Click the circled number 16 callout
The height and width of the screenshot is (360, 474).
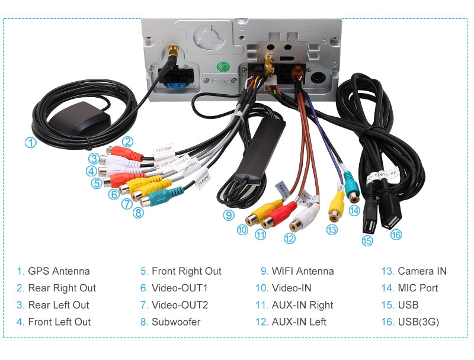(x=396, y=234)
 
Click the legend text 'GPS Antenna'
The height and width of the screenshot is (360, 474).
(x=59, y=271)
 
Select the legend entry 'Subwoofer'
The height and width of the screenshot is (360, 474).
(x=176, y=322)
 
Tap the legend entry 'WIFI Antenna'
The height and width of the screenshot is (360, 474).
(x=303, y=271)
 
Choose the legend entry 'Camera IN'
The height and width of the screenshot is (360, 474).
(x=422, y=271)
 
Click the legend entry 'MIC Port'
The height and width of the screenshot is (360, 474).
(x=418, y=288)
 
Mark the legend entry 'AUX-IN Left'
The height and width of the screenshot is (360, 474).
(x=299, y=322)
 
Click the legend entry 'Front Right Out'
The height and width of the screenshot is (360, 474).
(x=186, y=271)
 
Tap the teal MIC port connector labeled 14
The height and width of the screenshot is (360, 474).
(x=351, y=187)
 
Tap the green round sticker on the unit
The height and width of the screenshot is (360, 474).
(x=224, y=66)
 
